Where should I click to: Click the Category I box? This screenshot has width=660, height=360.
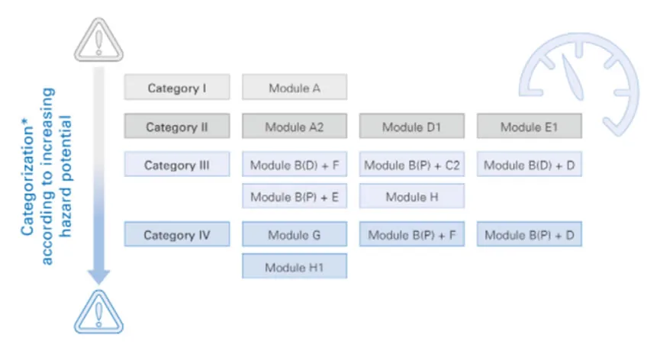coord(177,87)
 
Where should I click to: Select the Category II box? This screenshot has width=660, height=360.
coord(177,126)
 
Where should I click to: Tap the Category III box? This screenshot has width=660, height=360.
coord(177,164)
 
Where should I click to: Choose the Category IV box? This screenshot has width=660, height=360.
coord(177,234)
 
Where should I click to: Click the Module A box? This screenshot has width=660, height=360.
coord(295,87)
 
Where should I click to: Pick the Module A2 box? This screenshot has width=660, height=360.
coord(295,126)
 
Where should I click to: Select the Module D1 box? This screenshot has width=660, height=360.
coord(412,126)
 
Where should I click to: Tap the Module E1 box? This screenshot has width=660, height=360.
coord(530,126)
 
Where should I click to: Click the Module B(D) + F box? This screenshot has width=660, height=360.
coord(295,164)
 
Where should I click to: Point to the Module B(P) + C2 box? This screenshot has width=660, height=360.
coord(412,164)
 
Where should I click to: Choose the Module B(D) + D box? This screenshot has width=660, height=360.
coord(530,164)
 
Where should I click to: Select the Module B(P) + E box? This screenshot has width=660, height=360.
coord(295,196)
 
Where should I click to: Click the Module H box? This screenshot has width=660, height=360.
coord(412,196)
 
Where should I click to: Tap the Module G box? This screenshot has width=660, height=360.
coord(295,234)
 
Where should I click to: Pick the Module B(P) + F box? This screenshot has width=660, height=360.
coord(412,234)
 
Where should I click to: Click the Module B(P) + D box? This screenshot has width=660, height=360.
coord(530,234)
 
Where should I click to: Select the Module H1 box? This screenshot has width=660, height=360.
coord(295,265)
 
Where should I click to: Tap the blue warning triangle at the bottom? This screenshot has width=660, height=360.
coord(99,313)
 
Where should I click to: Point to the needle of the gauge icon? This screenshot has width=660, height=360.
coord(572,78)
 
